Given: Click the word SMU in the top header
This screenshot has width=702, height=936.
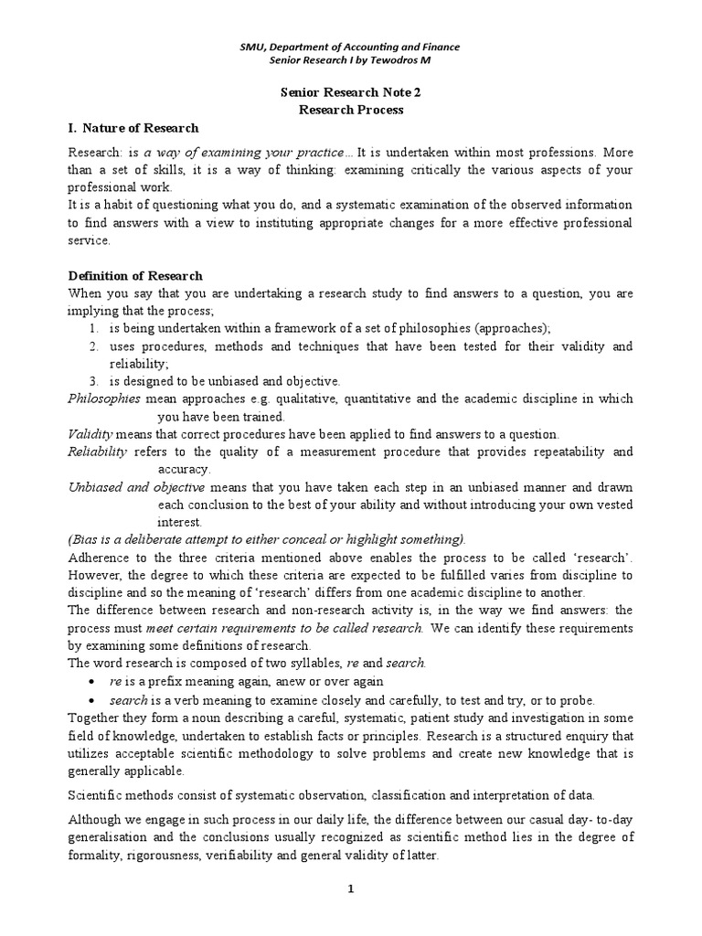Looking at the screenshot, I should pos(253,47).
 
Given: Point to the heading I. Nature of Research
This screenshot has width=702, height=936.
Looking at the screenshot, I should pos(133,127).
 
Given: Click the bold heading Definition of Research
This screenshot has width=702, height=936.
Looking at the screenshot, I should pos(136,275).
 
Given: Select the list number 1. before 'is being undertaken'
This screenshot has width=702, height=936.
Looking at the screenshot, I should pos(94,329).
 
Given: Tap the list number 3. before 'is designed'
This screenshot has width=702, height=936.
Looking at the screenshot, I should pos(94,380).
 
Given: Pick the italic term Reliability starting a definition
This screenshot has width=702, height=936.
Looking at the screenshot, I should pos(98,452).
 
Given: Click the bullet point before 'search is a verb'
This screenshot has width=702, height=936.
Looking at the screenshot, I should pos(94,699).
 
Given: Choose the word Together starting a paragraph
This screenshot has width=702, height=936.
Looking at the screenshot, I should pos(97,717).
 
